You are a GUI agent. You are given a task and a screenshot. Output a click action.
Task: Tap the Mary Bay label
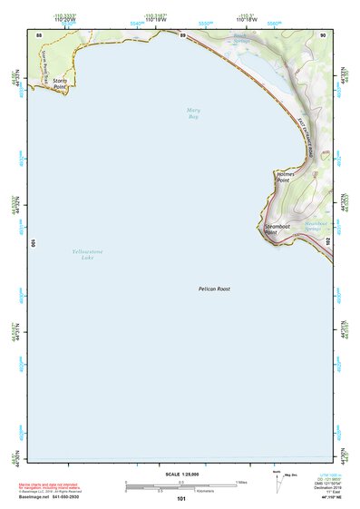[192, 113]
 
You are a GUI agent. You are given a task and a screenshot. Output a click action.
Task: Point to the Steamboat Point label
[276, 230]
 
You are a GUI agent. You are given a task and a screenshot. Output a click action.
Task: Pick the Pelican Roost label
[215, 289]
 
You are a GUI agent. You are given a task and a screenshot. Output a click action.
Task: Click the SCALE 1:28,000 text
[179, 474]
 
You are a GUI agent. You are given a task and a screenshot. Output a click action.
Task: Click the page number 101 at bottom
[181, 499]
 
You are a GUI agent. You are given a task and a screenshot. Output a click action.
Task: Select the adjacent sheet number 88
[39, 34]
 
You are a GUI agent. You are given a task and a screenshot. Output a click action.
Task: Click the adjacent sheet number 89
[182, 34]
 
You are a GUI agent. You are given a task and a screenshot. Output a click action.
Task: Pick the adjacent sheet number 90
[323, 34]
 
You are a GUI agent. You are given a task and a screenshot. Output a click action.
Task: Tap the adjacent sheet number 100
[34, 243]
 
